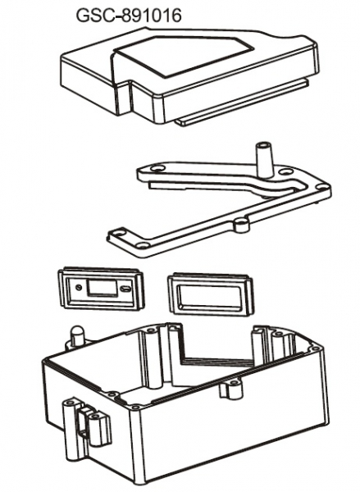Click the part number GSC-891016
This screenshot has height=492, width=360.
(129, 15)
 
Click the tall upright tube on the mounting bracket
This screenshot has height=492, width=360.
(264, 159)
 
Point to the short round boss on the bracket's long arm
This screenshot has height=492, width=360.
(242, 225)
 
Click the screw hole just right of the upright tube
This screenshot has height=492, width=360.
(285, 172)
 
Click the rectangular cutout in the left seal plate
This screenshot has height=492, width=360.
(103, 287)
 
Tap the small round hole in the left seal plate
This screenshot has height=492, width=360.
(78, 287)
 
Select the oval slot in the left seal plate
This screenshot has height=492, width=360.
(125, 289)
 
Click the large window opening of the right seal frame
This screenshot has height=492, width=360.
(211, 294)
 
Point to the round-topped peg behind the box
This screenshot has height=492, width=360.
(76, 336)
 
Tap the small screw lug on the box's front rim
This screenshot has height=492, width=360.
(231, 388)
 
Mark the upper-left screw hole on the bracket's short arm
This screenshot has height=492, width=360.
(156, 169)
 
